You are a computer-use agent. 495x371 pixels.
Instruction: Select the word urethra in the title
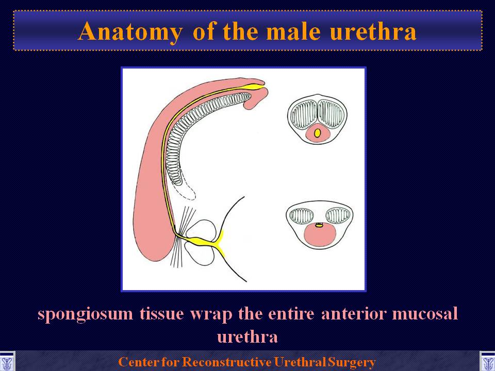[373, 31]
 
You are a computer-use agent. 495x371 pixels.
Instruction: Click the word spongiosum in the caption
[85, 315]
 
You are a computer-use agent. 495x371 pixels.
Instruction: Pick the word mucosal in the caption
[424, 314]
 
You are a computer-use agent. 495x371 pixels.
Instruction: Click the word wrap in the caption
[210, 315]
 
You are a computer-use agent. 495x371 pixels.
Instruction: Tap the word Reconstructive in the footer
[227, 362]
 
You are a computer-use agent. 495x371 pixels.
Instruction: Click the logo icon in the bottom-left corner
[7, 361]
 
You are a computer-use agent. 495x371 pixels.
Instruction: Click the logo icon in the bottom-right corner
[487, 361]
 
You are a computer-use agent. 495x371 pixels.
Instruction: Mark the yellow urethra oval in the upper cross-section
[317, 133]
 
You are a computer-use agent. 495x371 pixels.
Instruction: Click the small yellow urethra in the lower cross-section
[320, 225]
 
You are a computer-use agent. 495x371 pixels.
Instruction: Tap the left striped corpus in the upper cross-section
[304, 114]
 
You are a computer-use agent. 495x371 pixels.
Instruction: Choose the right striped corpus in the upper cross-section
[331, 114]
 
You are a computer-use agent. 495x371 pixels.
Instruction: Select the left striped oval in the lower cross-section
[302, 216]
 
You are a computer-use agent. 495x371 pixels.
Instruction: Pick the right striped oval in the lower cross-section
[338, 216]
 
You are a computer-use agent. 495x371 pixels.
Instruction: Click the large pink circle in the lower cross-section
[320, 235]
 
